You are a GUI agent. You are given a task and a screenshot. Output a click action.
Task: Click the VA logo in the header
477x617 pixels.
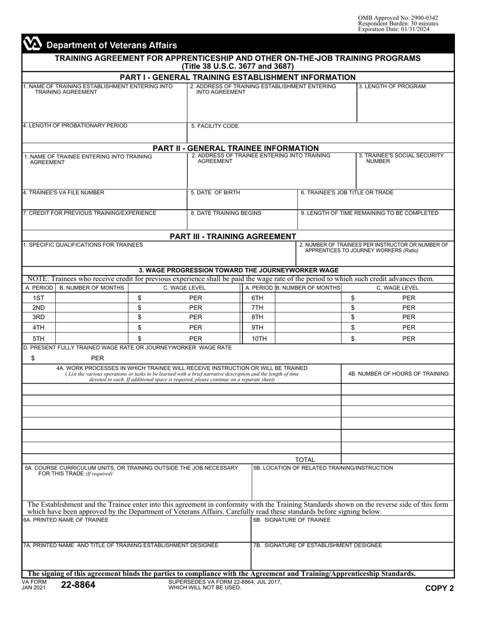(x=33, y=45)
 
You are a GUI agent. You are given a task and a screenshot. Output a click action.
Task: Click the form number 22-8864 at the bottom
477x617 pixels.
(x=78, y=585)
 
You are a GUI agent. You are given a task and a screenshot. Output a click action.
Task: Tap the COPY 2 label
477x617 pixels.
(x=439, y=588)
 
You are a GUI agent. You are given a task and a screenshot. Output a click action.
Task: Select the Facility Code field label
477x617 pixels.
(x=214, y=126)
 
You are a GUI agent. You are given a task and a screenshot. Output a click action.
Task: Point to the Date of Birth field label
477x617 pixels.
(x=215, y=193)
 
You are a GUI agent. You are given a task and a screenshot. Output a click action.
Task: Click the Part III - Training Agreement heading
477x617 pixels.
(x=233, y=236)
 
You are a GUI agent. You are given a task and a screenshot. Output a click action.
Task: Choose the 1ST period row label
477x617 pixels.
(x=38, y=297)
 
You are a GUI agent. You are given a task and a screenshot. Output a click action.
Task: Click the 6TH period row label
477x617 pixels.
(x=257, y=297)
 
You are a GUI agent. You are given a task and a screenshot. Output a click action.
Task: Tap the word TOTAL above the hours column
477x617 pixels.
(x=305, y=459)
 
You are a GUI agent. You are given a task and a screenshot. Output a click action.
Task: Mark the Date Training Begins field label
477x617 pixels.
(x=226, y=213)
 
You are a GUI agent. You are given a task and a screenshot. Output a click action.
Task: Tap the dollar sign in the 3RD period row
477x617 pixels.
(x=140, y=317)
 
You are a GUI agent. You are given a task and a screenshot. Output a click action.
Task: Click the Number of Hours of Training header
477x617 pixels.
(x=398, y=373)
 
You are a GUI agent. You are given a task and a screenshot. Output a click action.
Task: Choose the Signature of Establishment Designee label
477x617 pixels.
(x=317, y=545)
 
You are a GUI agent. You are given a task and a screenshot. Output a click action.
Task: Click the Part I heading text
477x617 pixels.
(x=237, y=77)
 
